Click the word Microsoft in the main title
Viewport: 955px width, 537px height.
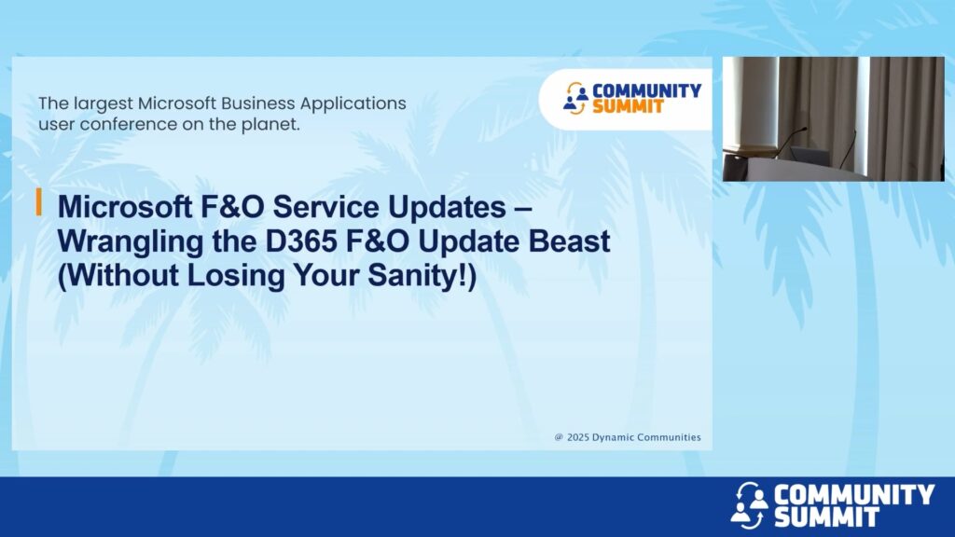125,207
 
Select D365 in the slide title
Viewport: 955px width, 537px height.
301,241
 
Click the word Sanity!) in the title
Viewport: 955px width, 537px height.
422,275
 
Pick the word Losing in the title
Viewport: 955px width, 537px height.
236,275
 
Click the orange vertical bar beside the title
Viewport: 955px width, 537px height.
39,202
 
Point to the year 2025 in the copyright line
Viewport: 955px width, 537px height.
577,437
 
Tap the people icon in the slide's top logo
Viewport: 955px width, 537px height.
574,98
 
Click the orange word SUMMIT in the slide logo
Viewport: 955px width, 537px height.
628,106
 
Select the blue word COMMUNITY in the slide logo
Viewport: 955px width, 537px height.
647,90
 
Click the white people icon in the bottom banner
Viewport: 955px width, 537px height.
749,505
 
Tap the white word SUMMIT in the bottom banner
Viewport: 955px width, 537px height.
826,516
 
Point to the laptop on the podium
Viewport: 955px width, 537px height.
810,157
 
